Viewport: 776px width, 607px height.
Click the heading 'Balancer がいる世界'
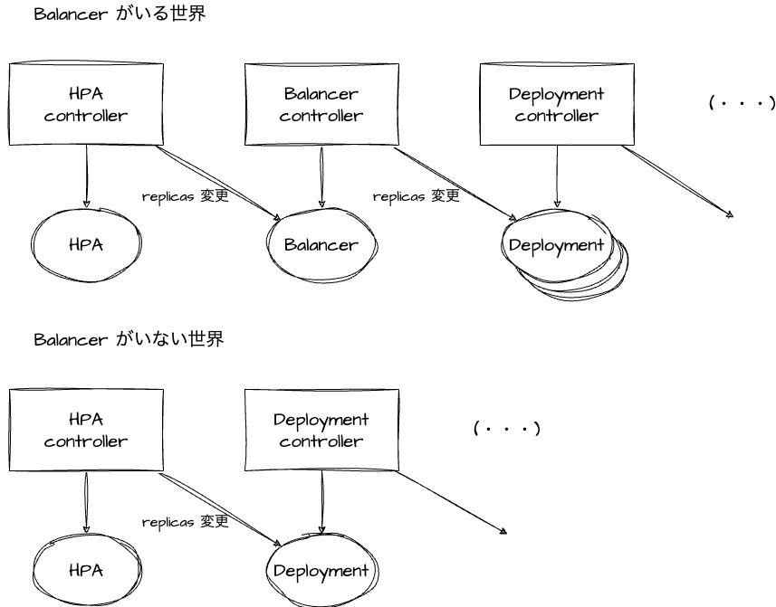pos(120,14)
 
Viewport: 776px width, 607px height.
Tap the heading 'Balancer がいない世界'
pos(129,339)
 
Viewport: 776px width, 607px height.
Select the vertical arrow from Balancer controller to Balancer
pos(321,176)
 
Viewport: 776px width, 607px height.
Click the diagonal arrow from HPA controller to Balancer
pos(218,183)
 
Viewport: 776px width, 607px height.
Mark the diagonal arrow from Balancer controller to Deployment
pos(455,184)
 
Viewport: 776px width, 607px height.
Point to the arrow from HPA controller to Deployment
pos(220,509)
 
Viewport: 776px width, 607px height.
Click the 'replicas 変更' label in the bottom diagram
pos(186,521)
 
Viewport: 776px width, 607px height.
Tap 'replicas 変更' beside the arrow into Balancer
pos(186,195)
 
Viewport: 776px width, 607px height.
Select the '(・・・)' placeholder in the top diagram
pos(742,103)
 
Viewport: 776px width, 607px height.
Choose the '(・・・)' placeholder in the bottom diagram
pos(507,428)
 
